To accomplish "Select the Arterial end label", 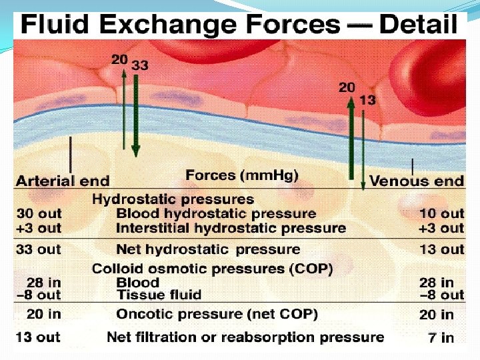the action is [x=63, y=181].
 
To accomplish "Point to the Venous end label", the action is [x=416, y=181].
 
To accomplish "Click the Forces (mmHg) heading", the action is [x=241, y=175].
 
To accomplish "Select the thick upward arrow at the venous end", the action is [x=351, y=137].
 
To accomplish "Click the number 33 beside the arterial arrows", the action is [x=141, y=65].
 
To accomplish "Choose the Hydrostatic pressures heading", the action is [x=173, y=199].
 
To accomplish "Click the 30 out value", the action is [x=39, y=213].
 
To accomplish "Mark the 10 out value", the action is [x=441, y=213].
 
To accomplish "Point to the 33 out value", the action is [x=39, y=249].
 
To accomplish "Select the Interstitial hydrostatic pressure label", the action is [x=231, y=228].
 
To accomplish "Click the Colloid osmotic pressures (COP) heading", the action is [x=212, y=269].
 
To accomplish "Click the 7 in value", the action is [x=441, y=337].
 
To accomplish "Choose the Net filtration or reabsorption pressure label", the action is [x=245, y=337].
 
